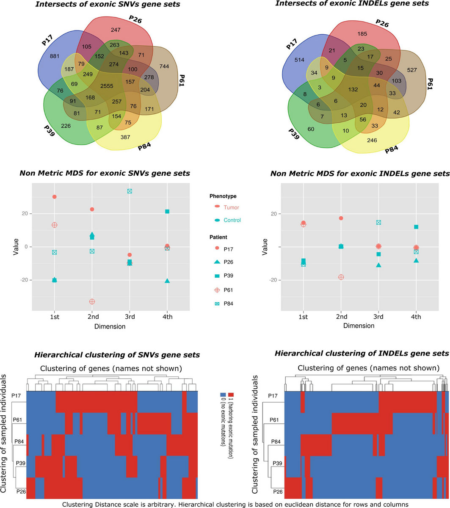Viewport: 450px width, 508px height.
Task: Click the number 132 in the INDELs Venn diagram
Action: [353, 89]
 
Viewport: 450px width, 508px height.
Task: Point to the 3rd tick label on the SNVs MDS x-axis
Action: [130, 317]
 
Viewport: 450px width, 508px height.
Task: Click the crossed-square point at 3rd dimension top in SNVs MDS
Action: [130, 191]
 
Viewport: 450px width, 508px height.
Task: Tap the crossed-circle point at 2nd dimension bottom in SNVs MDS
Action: [92, 301]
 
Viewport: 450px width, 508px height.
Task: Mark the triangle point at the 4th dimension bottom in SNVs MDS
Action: [167, 281]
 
